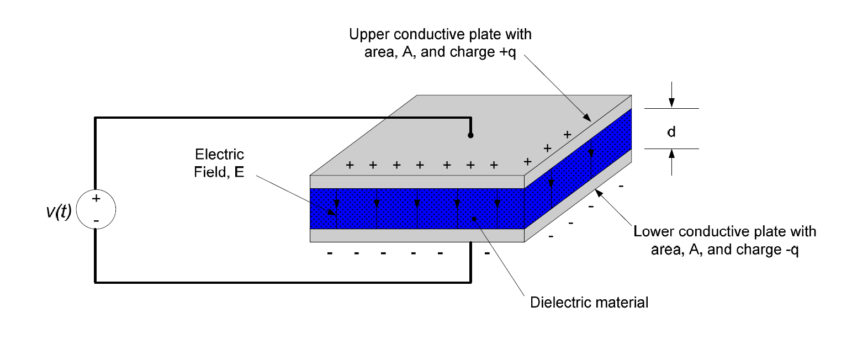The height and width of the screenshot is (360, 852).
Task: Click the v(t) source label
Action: (59, 211)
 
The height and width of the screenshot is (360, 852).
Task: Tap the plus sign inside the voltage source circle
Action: (96, 198)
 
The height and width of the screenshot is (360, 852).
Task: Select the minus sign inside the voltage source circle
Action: (96, 221)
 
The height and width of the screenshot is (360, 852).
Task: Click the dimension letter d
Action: (671, 132)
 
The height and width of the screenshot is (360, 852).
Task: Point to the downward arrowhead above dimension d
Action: (671, 102)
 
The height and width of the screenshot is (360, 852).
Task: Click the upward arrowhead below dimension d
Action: (671, 154)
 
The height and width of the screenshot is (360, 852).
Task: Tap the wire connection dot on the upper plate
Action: (470, 135)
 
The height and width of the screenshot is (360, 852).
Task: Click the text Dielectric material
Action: (589, 303)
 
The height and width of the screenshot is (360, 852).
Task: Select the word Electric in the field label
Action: (219, 155)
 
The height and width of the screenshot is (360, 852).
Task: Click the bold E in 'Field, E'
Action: (239, 172)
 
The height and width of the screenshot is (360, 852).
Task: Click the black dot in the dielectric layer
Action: (474, 219)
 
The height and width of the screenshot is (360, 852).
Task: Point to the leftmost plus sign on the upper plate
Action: (350, 165)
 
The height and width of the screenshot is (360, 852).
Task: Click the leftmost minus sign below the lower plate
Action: (330, 253)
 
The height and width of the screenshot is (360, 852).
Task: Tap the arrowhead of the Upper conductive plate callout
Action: (588, 118)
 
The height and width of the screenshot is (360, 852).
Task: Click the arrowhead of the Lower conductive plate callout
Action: (599, 193)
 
